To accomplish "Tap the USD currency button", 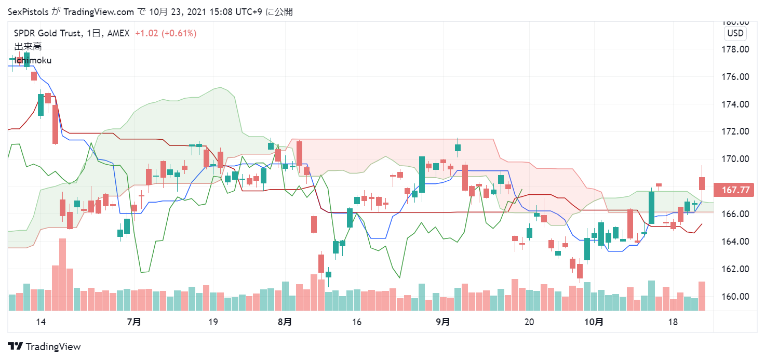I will click(735, 34).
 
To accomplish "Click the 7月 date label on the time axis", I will click(134, 322).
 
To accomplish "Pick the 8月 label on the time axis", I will click(285, 322).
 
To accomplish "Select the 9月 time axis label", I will click(442, 322).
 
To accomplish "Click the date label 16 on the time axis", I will click(356, 322).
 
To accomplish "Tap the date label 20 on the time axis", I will click(530, 322).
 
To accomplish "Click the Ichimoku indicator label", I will click(33, 60).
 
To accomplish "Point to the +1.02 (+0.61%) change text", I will click(166, 33).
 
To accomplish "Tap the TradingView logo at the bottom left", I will click(45, 346).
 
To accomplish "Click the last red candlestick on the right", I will click(702, 183).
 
